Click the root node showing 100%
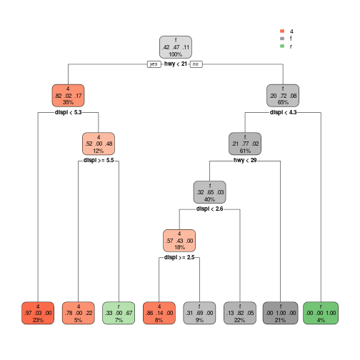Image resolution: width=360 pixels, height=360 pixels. (176, 47)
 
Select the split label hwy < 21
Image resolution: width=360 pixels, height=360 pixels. (176, 64)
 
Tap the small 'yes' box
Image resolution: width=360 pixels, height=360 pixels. (154, 64)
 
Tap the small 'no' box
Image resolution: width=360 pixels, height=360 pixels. (196, 64)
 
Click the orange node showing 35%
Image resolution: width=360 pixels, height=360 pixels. (68, 96)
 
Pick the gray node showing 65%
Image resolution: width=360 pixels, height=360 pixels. (283, 96)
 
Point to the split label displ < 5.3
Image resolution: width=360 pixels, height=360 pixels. (69, 112)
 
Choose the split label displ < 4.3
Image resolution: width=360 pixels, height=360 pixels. (283, 112)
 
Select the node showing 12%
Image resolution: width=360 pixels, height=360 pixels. (99, 144)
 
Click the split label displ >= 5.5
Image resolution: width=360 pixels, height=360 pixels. (99, 160)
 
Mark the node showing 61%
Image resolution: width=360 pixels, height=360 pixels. (245, 144)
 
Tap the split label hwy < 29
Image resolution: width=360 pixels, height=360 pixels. (245, 160)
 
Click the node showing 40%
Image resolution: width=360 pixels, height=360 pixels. (210, 192)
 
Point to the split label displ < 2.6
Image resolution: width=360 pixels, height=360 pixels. (210, 209)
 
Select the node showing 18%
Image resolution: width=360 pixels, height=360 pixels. (179, 241)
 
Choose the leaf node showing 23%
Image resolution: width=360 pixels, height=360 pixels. (38, 313)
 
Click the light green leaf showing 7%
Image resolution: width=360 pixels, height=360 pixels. (119, 313)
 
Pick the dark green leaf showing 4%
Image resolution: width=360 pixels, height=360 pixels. (321, 313)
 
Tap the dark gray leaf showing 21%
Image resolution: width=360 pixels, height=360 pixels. (280, 313)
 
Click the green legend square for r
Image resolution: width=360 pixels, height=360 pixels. (282, 46)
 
